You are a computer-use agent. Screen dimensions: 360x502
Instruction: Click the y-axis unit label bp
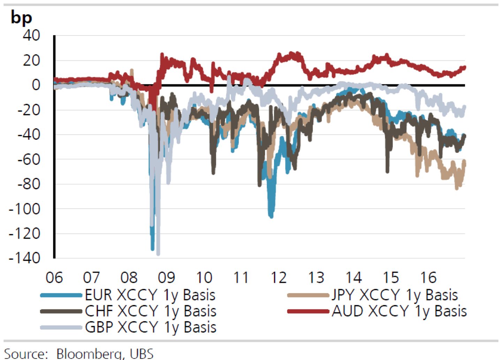(x=21, y=17)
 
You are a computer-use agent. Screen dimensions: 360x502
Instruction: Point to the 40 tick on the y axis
(x=31, y=35)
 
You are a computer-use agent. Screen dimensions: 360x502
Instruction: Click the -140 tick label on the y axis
(x=24, y=258)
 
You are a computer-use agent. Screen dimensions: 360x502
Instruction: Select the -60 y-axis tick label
(x=29, y=159)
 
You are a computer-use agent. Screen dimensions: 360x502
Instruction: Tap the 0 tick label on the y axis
(x=36, y=85)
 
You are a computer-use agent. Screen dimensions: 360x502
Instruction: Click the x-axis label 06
(x=54, y=278)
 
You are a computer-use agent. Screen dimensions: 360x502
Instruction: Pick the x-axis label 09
(x=166, y=278)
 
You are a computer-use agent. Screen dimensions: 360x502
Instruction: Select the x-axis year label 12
(x=279, y=278)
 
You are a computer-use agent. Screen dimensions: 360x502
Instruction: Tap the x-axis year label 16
(x=428, y=278)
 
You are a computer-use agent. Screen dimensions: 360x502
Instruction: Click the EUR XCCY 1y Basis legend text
(x=150, y=295)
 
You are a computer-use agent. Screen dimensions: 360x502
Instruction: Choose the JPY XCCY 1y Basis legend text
(x=395, y=295)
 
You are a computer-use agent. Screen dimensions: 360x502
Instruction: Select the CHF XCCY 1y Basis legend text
(x=151, y=311)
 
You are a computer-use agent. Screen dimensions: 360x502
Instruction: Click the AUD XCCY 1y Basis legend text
(x=399, y=311)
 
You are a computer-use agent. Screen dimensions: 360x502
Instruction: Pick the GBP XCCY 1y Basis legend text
(x=151, y=328)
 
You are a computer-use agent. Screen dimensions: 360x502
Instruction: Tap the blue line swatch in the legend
(x=61, y=295)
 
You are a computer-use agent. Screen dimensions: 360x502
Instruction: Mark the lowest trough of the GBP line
(x=158, y=254)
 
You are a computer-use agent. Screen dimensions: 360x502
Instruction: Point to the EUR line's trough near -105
(x=271, y=216)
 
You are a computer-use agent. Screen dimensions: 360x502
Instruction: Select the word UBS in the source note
(x=142, y=353)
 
